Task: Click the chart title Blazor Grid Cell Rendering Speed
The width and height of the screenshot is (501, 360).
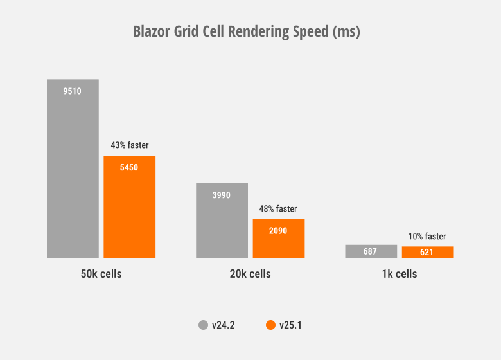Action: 247,32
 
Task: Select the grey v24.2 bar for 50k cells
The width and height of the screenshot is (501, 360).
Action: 73,174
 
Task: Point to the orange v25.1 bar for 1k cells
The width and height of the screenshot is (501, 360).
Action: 427,252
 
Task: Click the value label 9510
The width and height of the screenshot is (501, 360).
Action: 73,91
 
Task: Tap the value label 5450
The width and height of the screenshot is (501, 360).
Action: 129,167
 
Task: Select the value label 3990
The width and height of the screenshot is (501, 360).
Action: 222,195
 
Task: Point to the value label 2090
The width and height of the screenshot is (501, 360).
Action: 278,230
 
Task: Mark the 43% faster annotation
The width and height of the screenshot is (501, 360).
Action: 129,145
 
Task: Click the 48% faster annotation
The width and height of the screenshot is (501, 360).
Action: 278,209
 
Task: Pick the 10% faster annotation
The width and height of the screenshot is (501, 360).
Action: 427,237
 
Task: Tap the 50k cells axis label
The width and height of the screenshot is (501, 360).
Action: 101,274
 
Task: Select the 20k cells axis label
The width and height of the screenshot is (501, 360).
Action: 250,274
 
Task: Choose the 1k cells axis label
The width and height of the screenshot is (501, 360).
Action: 399,274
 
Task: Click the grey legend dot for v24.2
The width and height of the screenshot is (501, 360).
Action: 203,325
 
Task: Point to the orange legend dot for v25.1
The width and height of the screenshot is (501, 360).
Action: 270,325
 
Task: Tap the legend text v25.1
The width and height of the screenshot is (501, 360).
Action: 290,325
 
